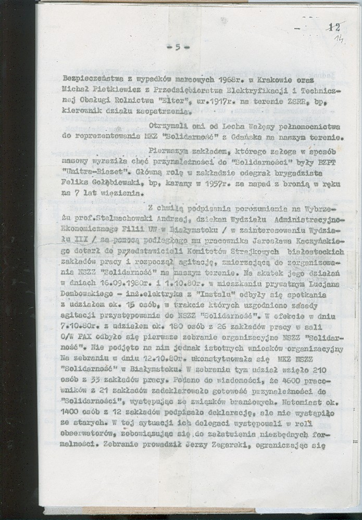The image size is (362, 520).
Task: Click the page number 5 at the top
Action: click(x=178, y=47)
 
